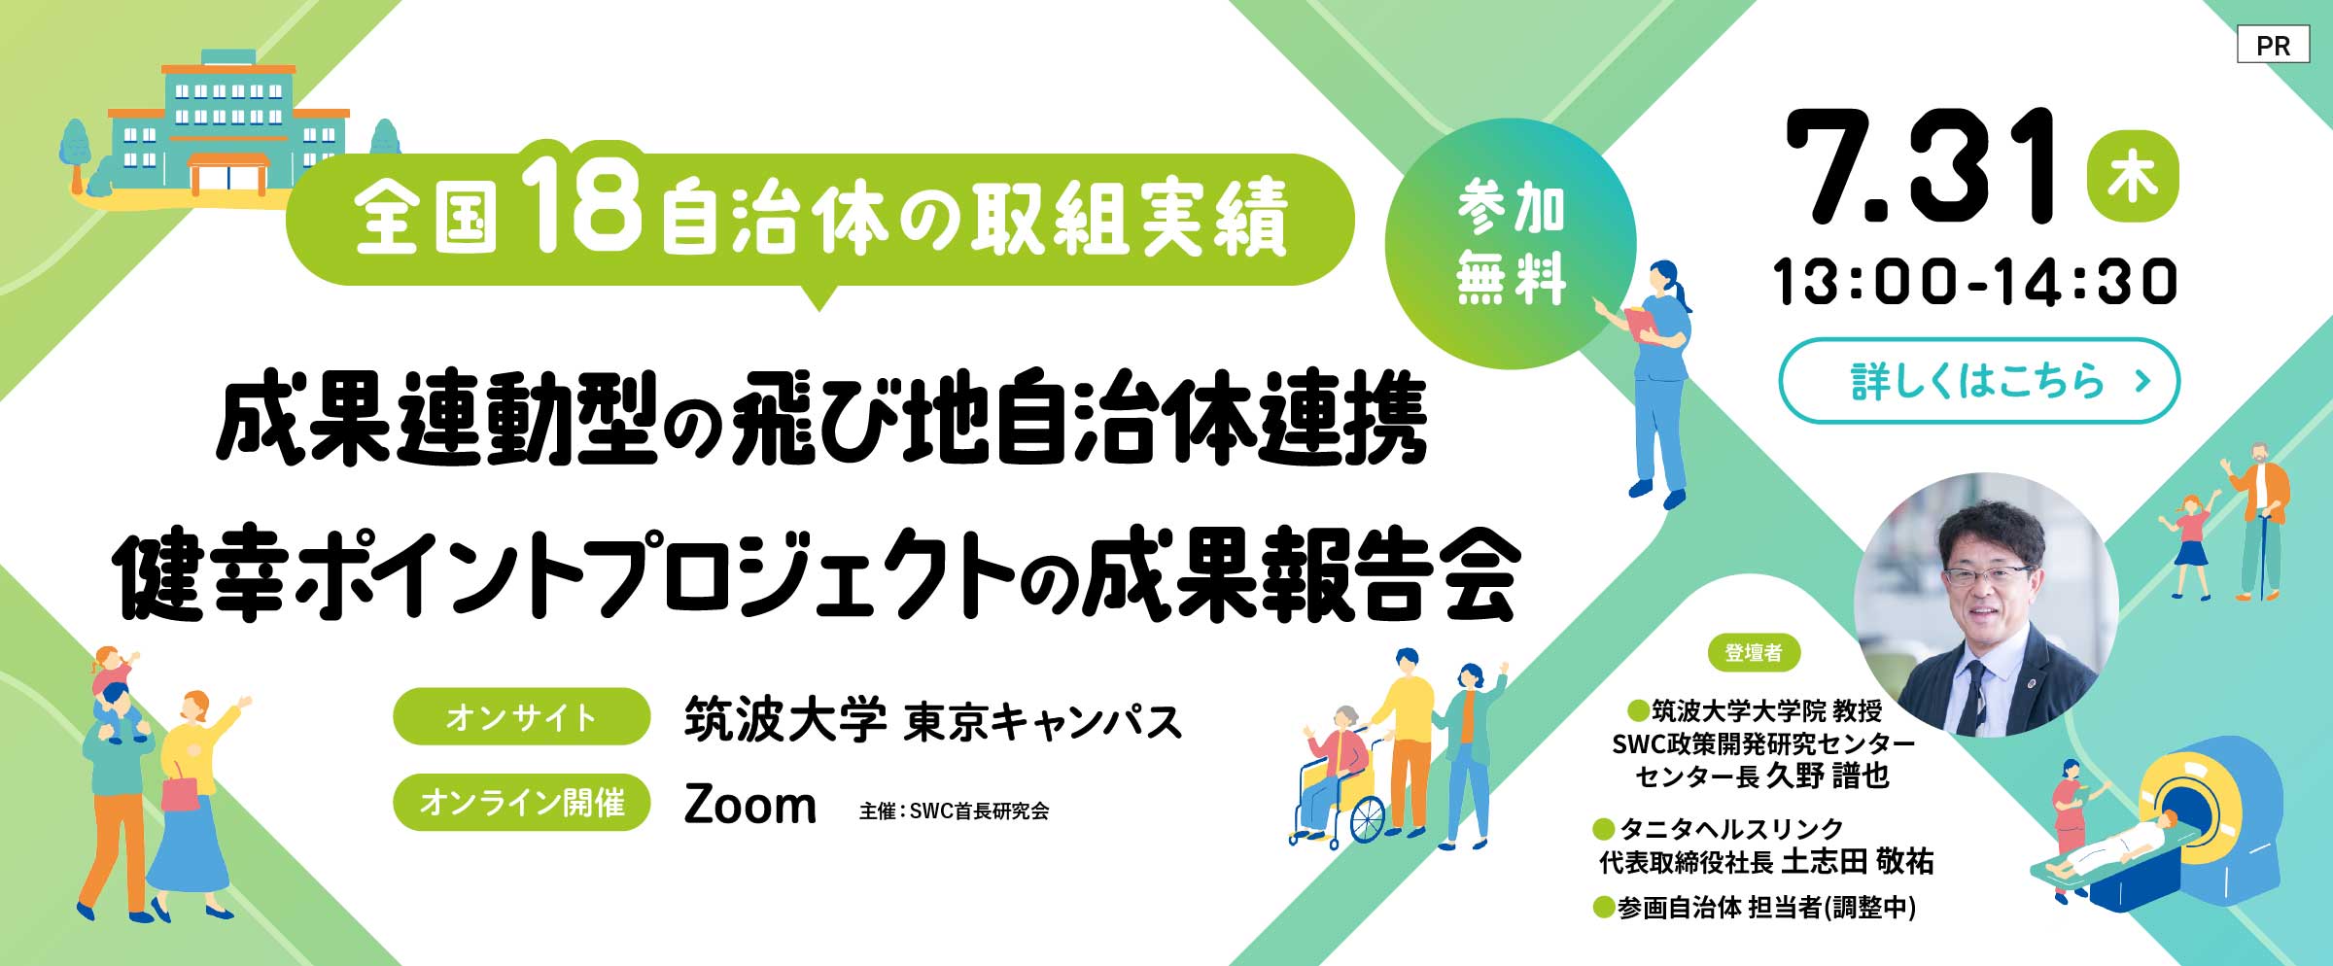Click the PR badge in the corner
[2273, 46]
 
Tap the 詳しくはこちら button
[1979, 381]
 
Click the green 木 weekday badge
[2133, 179]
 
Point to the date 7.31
[1920, 167]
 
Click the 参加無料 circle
[1511, 244]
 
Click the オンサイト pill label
[521, 716]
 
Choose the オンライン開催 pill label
[521, 802]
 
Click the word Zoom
[749, 806]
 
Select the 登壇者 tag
[1754, 652]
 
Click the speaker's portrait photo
[1986, 604]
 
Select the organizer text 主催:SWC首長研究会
[954, 811]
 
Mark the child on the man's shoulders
[114, 671]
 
